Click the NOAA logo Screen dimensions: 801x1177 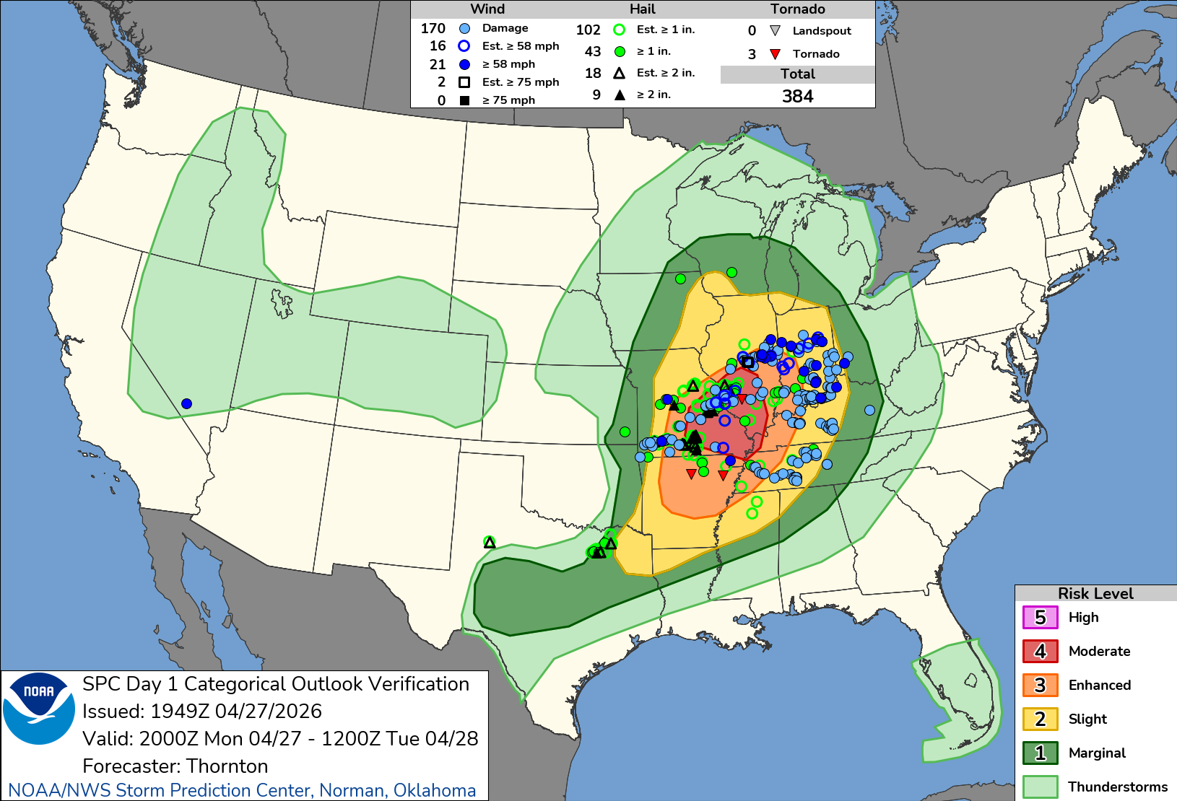pyautogui.click(x=39, y=708)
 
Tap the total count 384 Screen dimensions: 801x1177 pyautogui.click(x=797, y=96)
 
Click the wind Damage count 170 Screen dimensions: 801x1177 pyautogui.click(x=433, y=28)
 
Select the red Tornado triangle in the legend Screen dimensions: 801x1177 pyautogui.click(x=775, y=54)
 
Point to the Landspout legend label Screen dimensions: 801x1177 pyautogui.click(x=822, y=31)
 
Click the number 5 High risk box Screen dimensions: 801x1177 pyautogui.click(x=1040, y=618)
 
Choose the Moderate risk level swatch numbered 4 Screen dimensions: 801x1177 pyautogui.click(x=1040, y=652)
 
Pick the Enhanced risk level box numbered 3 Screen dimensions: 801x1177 pyautogui.click(x=1040, y=686)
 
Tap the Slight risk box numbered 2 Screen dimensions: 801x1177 pyautogui.click(x=1040, y=719)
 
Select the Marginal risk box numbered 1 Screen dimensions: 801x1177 pyautogui.click(x=1040, y=753)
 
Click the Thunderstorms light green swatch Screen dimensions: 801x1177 pyautogui.click(x=1040, y=787)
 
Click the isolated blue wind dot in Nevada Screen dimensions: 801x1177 pyautogui.click(x=186, y=403)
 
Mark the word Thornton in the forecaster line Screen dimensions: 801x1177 pyautogui.click(x=227, y=766)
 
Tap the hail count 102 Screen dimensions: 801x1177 pyautogui.click(x=588, y=30)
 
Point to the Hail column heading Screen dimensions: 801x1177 pyautogui.click(x=642, y=9)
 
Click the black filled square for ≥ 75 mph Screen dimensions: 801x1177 pyautogui.click(x=464, y=100)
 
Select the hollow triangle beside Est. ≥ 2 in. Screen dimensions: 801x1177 pyautogui.click(x=619, y=73)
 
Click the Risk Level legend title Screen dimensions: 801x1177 pyautogui.click(x=1095, y=593)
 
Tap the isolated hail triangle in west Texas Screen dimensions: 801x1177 pyautogui.click(x=490, y=542)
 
